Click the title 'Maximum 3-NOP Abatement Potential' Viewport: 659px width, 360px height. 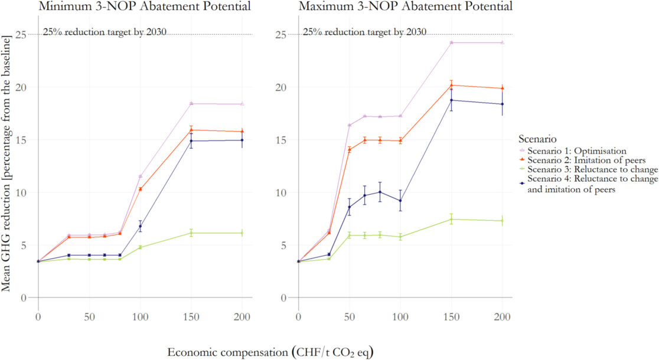pyautogui.click(x=405, y=7)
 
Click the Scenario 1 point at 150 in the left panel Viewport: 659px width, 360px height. pyautogui.click(x=191, y=103)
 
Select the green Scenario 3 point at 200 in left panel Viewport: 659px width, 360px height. pyautogui.click(x=242, y=233)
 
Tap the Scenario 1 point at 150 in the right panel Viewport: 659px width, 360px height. pyautogui.click(x=451, y=42)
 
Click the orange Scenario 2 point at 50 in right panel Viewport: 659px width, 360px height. pyautogui.click(x=349, y=149)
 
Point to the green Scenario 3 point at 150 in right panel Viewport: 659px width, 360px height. pyautogui.click(x=451, y=219)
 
